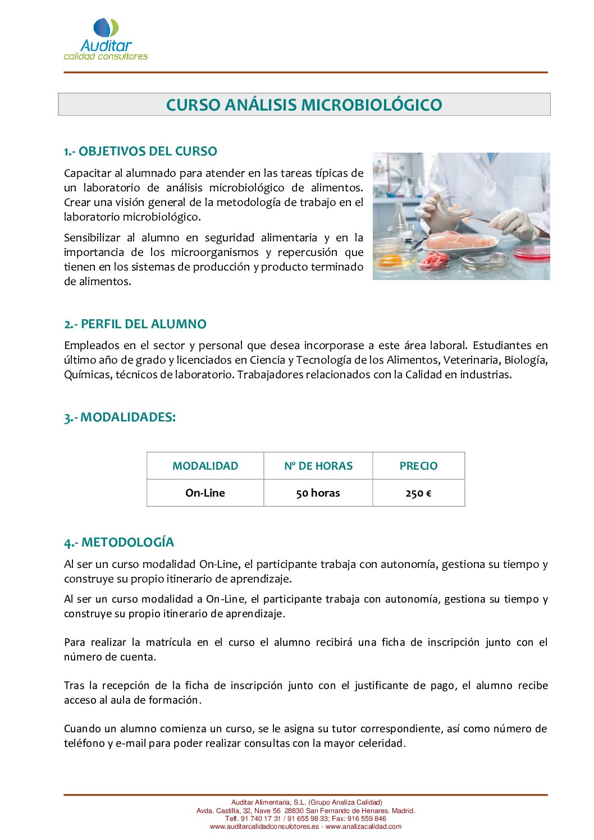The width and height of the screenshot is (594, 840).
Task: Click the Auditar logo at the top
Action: (106, 39)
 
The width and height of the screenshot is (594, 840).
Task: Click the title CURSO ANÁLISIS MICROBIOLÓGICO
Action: (304, 105)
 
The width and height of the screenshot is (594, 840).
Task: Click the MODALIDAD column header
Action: (205, 466)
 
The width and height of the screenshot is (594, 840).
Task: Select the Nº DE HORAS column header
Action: (318, 466)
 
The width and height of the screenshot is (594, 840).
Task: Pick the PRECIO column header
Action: (418, 466)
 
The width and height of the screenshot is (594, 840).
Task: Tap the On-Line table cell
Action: (205, 493)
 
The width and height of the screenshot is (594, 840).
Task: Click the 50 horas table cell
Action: (318, 493)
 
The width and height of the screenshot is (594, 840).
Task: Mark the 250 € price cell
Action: (418, 493)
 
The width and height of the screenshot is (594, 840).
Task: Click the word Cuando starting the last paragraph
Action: (83, 729)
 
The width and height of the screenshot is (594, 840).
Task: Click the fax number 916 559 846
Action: (367, 819)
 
